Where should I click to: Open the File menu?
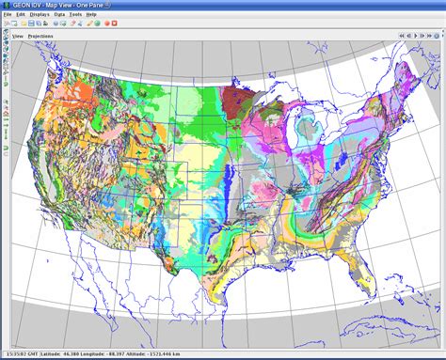tap(7, 15)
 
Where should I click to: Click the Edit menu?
tap(20, 15)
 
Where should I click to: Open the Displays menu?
tap(40, 15)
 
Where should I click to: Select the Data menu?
tap(60, 15)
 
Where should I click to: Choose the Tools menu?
tap(76, 15)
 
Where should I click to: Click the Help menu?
tap(91, 15)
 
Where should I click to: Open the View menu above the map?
tap(18, 35)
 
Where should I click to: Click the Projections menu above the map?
tap(41, 35)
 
